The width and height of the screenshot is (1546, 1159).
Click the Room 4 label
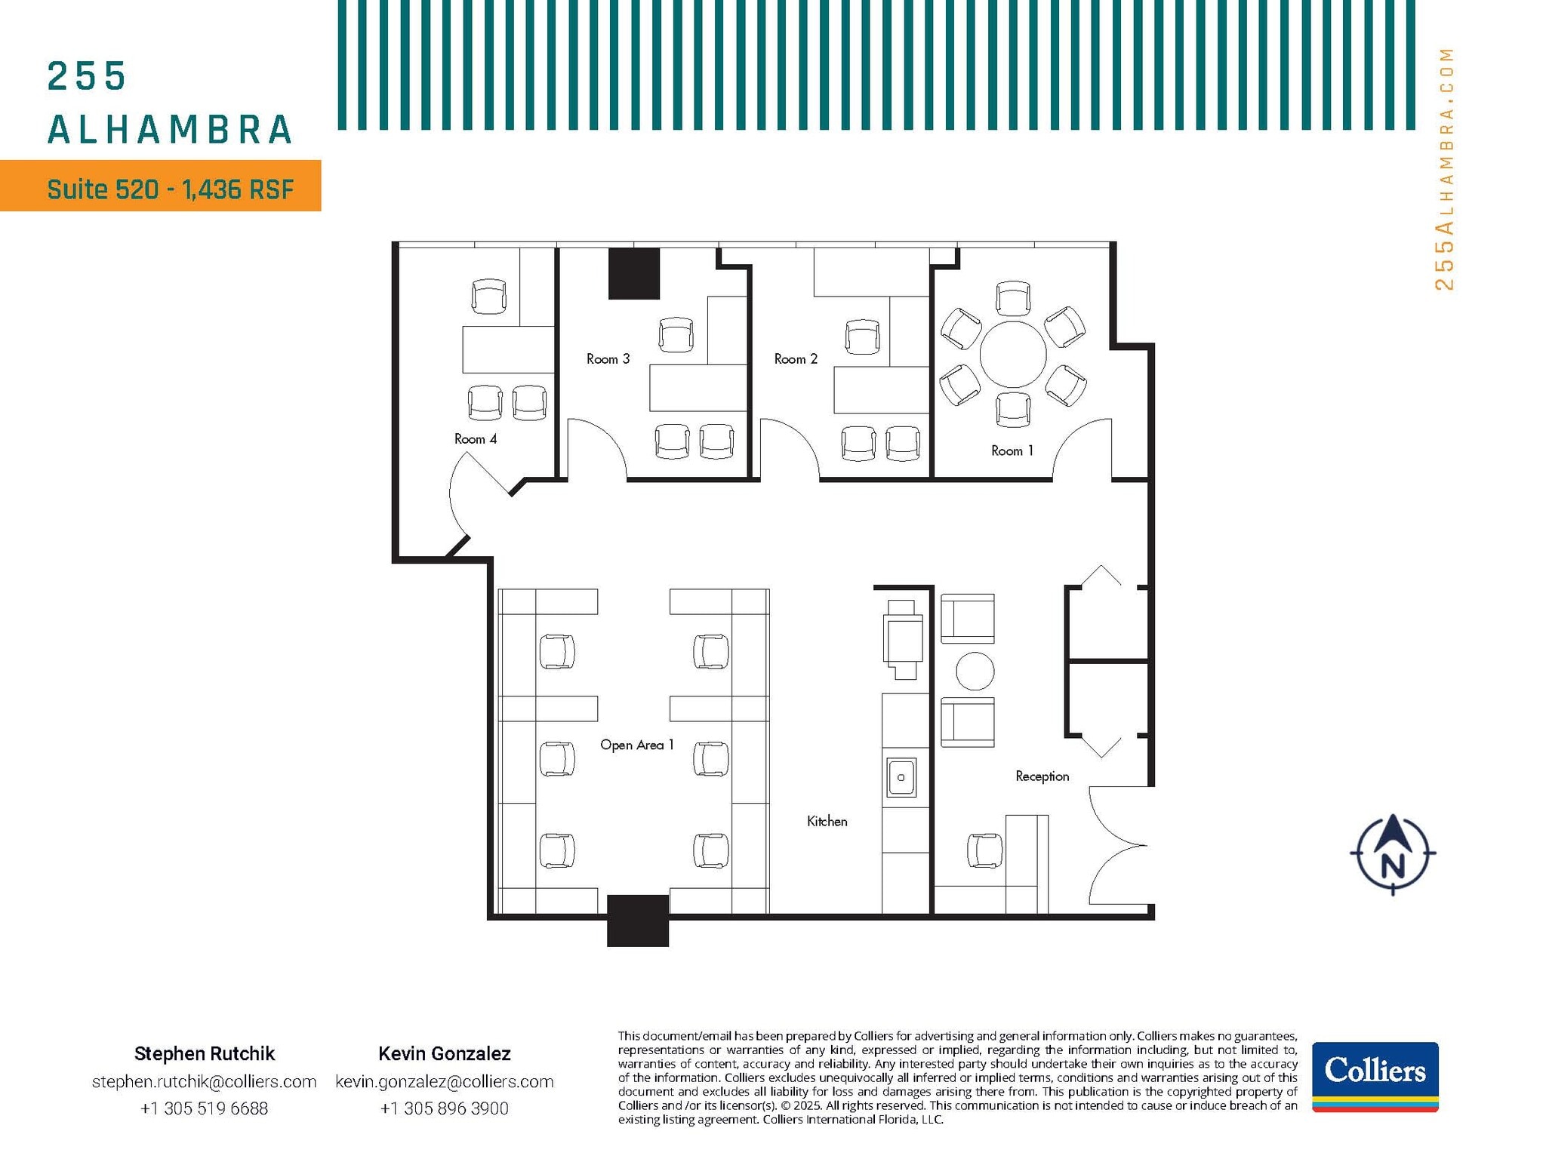coord(475,439)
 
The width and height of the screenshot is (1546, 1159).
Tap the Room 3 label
coord(608,359)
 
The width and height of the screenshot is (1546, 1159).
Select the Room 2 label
coord(796,359)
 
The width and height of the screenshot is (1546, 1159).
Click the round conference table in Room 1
coord(1012,354)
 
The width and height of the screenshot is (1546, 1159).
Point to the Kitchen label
coord(827,821)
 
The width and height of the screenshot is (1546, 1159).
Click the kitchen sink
coord(901,777)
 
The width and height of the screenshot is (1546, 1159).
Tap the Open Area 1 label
coord(636,745)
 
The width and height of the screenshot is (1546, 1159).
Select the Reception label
coord(1042,776)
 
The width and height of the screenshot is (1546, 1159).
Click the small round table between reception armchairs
coord(975,671)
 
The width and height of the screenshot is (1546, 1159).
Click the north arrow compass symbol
coord(1392,855)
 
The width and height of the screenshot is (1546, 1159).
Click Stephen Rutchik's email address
coord(204,1081)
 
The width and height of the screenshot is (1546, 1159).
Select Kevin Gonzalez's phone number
coord(444,1108)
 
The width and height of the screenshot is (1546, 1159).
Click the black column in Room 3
coord(634,273)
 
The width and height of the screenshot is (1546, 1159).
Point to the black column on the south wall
coord(638,920)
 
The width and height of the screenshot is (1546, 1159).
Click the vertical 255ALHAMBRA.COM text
coord(1443,169)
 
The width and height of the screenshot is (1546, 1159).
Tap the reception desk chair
coord(984,850)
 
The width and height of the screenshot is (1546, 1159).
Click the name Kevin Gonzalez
coord(444,1053)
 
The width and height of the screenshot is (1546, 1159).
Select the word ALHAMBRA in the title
coord(170,130)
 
